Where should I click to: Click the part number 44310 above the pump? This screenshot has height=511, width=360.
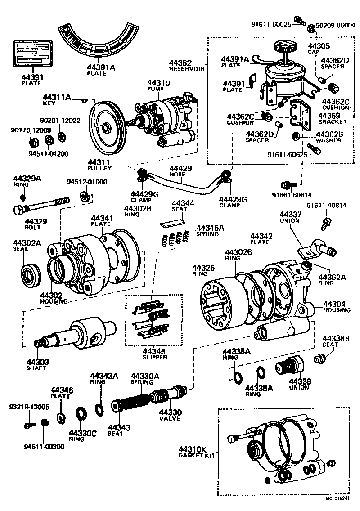157,83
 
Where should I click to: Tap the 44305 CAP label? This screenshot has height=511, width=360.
319,49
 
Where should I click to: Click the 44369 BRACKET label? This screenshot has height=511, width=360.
332,118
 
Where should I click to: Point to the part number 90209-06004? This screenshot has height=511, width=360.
335,25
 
